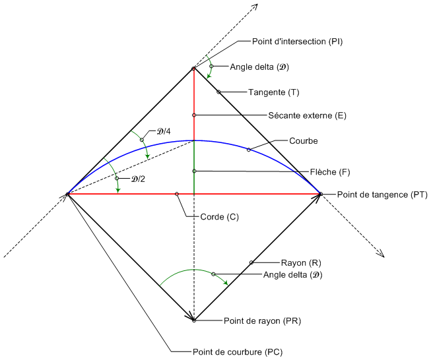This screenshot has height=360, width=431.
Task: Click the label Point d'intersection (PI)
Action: [x=297, y=41]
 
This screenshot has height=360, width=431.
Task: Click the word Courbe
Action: [x=304, y=140]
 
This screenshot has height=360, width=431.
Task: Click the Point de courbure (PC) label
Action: [x=236, y=351]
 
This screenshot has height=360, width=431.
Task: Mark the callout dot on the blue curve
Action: [x=249, y=150]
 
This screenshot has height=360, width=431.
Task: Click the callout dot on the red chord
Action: [x=177, y=194]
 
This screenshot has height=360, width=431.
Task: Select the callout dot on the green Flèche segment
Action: [x=194, y=171]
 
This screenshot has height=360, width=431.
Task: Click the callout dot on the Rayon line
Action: [x=251, y=262]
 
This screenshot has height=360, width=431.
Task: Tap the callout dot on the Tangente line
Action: [x=218, y=92]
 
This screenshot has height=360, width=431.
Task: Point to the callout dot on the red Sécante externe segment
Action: [x=194, y=115]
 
